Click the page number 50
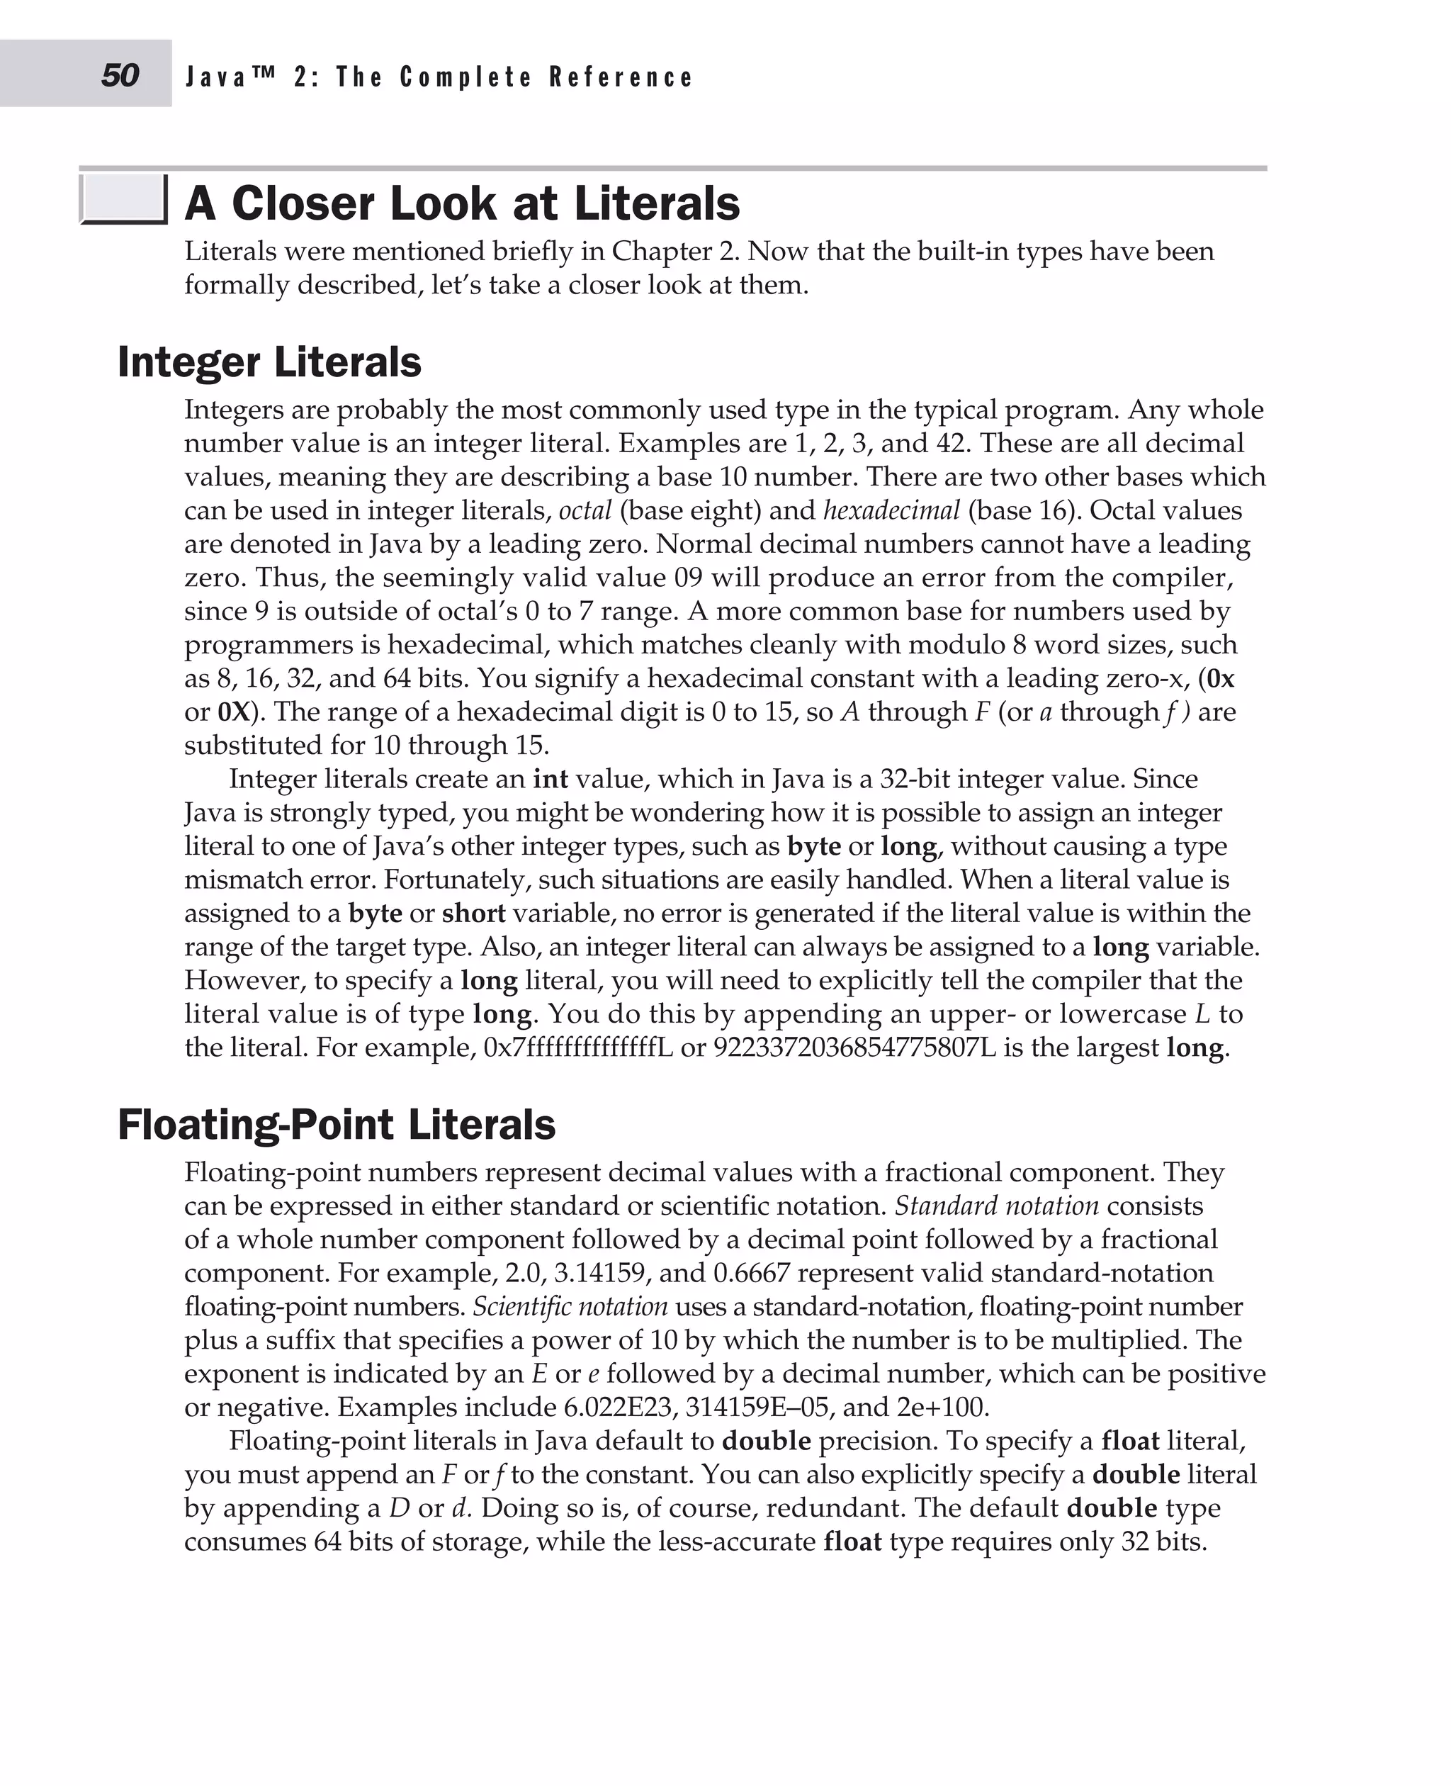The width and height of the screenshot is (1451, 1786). click(x=120, y=76)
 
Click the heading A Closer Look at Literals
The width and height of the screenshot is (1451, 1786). click(x=461, y=203)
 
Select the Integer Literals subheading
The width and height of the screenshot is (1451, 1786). click(x=269, y=362)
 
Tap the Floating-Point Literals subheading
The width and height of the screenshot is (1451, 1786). click(x=336, y=1124)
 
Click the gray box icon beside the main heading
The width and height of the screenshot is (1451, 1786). click(x=123, y=200)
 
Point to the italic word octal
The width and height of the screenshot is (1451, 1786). click(x=585, y=510)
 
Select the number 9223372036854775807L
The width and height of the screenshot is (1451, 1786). click(x=854, y=1047)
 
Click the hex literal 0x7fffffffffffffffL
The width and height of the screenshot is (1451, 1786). click(x=577, y=1047)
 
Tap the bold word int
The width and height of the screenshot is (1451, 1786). click(x=550, y=780)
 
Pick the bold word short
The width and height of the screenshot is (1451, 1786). click(x=473, y=913)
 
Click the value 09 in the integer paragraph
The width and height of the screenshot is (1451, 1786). click(x=687, y=578)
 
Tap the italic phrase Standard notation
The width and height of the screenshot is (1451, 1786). click(x=996, y=1206)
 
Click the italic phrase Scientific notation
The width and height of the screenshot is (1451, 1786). click(x=570, y=1307)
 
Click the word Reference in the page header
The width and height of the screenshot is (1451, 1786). click(x=620, y=77)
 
